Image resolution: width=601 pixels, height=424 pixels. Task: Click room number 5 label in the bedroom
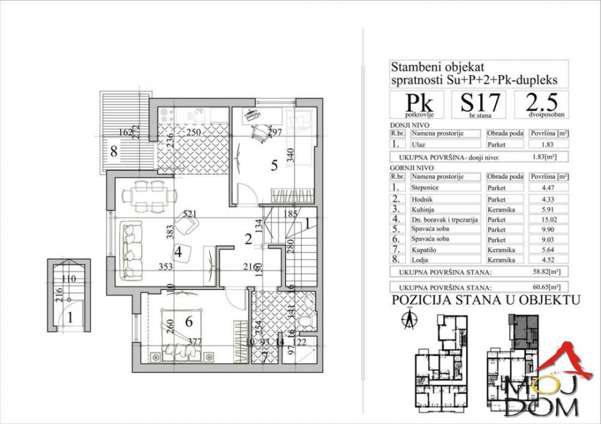click(273, 166)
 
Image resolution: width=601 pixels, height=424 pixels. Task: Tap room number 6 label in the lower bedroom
click(189, 322)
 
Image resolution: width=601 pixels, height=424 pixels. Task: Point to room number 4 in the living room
click(178, 253)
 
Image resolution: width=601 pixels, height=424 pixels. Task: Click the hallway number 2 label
click(246, 239)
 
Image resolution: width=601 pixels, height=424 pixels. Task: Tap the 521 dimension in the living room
click(190, 213)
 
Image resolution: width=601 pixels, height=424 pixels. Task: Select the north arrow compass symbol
click(409, 318)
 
